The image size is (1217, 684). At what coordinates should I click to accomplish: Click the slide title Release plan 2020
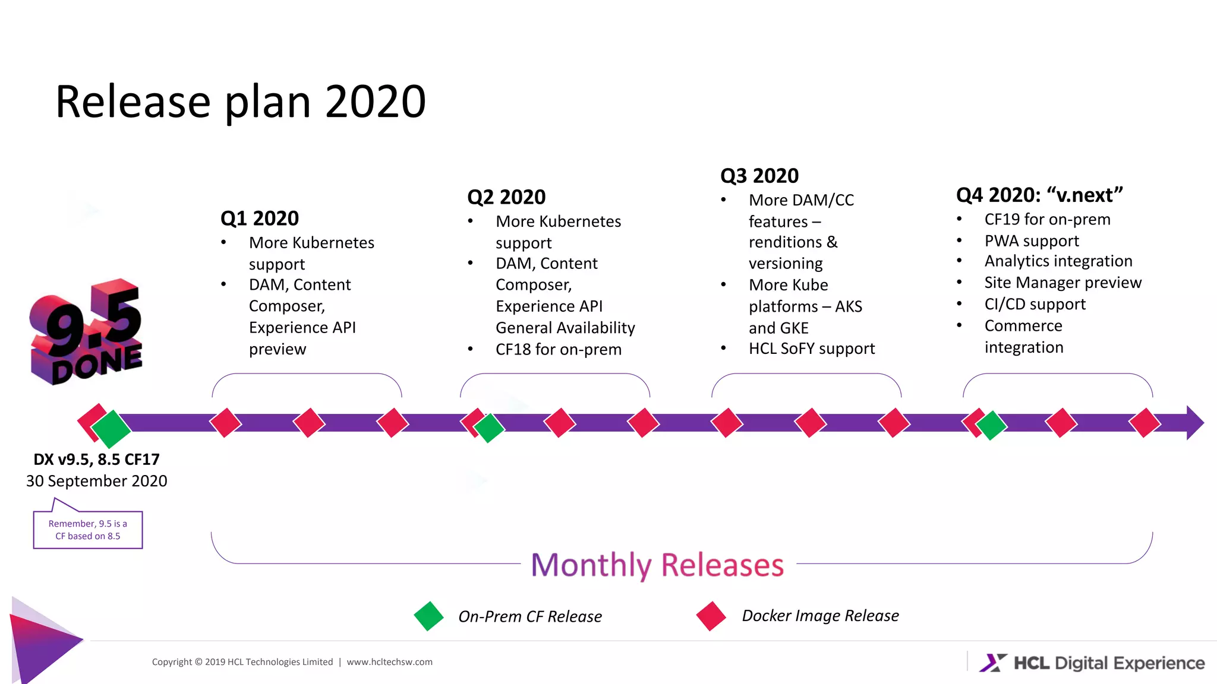[x=240, y=102]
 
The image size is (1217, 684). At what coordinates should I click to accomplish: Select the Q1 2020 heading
[x=259, y=218]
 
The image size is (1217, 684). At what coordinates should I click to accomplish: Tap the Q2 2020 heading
[x=506, y=197]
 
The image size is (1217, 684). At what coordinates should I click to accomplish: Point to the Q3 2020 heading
[x=759, y=176]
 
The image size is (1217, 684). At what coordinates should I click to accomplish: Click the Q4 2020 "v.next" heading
[x=1039, y=195]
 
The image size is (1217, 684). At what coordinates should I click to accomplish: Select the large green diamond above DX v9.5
[x=111, y=429]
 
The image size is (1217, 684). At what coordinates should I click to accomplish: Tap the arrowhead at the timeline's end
[x=1194, y=423]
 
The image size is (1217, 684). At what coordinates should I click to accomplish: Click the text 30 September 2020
[x=96, y=481]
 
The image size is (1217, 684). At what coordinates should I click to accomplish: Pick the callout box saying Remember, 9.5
[x=88, y=530]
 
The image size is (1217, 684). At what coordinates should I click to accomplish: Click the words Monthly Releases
[x=657, y=565]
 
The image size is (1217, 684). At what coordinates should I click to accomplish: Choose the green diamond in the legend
[x=428, y=616]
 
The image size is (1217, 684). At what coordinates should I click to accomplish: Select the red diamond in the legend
[x=711, y=616]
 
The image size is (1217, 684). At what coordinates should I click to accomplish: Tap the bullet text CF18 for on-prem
[x=559, y=350]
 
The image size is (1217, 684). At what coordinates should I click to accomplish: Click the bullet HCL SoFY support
[x=812, y=349]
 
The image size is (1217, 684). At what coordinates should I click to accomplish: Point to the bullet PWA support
[x=1032, y=241]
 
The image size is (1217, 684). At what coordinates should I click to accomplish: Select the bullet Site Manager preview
[x=1062, y=283]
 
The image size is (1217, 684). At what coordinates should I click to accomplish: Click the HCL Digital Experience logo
[x=1092, y=663]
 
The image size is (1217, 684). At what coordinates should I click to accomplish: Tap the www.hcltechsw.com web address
[x=390, y=662]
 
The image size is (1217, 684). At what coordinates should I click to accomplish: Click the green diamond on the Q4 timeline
[x=991, y=426]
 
